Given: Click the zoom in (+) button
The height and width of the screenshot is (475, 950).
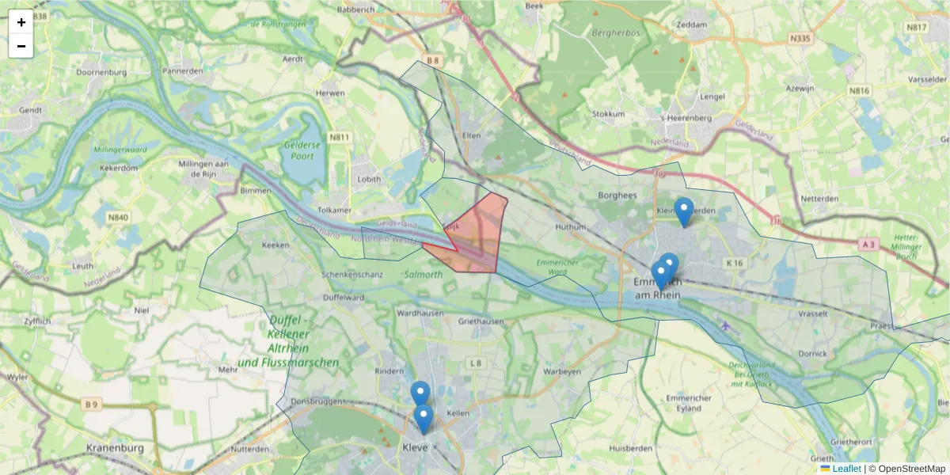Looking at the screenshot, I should click(21, 22).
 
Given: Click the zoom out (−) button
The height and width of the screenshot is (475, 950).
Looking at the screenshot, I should click(21, 46).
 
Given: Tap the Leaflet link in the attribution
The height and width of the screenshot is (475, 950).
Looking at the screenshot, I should click(845, 469).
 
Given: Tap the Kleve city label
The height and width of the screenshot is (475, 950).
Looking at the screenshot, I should click(416, 447).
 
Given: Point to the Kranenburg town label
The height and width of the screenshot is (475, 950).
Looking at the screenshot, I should click(116, 448).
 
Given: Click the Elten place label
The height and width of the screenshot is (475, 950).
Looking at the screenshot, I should click(472, 135).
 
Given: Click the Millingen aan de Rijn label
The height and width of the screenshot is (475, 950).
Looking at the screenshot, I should click(194, 168).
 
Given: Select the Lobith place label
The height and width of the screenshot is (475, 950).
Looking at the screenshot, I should click(369, 180).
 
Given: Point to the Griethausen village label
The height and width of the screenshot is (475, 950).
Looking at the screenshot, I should click(481, 321).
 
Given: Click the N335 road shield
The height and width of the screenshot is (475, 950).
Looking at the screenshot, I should click(803, 37).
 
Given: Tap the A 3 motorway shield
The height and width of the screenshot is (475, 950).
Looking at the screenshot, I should click(869, 245).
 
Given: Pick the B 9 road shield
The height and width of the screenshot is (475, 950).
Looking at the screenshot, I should click(93, 405).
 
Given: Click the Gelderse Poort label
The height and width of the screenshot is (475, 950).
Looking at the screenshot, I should click(302, 150).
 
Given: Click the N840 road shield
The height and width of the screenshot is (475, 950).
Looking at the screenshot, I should click(118, 217).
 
